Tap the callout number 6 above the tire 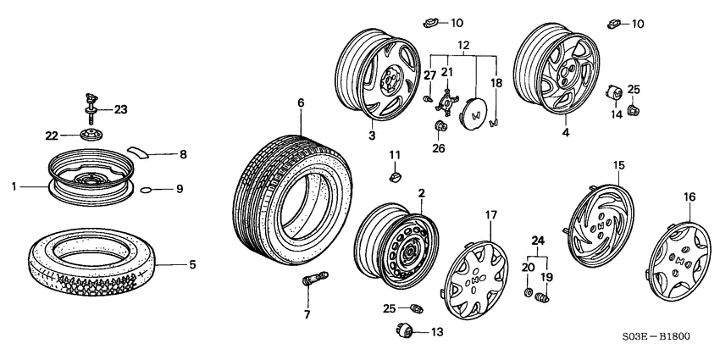[x=300, y=103]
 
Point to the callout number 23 [x=121, y=108]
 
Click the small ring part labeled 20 [x=529, y=293]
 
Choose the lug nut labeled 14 [x=615, y=91]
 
